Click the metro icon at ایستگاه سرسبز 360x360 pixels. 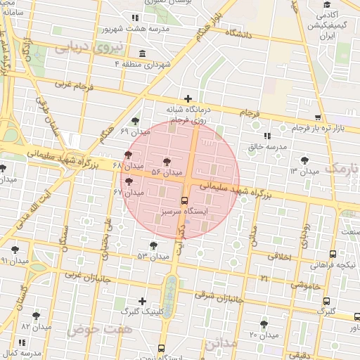click(x=184, y=200)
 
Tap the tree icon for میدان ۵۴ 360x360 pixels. click(x=167, y=161)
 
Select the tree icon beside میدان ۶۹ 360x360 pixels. click(x=135, y=121)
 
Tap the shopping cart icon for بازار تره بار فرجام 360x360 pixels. click(x=319, y=117)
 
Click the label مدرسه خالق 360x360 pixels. click(x=268, y=146)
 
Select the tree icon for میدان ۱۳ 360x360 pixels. click(x=304, y=160)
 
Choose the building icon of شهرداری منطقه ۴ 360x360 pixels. click(x=143, y=54)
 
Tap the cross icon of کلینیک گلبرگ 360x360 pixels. click(x=143, y=300)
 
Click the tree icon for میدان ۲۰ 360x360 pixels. click(x=264, y=324)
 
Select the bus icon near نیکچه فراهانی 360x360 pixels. click(x=333, y=254)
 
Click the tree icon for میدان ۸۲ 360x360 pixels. click(x=36, y=316)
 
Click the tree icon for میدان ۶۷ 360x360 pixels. click(x=128, y=182)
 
